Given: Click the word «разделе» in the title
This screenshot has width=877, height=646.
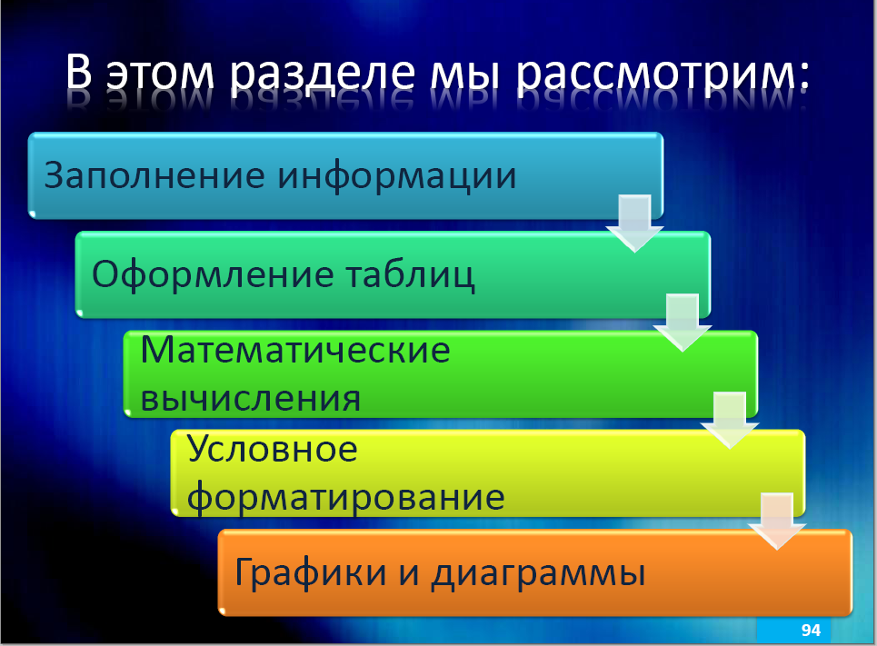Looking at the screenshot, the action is coord(323,74).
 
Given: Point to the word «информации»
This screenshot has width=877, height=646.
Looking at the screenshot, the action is coord(397,177).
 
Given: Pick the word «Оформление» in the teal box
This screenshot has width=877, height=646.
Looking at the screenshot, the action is coord(213,275).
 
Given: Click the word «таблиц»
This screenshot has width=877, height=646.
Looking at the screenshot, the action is coord(410,275).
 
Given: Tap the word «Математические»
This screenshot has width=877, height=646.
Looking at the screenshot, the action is coord(295,350).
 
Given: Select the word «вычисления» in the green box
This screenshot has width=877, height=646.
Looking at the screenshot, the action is coord(251,398).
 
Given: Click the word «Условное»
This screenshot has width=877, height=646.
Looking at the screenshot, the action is coord(272,450).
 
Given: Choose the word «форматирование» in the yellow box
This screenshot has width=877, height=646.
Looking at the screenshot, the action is coord(345,498).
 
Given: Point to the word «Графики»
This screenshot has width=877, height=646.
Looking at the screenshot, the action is coord(311,572).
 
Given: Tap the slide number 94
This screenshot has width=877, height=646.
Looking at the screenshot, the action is coord(811,631).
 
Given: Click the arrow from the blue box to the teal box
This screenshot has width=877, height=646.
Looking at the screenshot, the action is coord(635,224).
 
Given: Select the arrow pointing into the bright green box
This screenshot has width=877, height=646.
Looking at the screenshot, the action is coord(683,323).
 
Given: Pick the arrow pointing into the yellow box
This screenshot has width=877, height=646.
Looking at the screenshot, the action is coord(730,421).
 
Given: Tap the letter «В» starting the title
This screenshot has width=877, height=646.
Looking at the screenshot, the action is coord(79,72).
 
